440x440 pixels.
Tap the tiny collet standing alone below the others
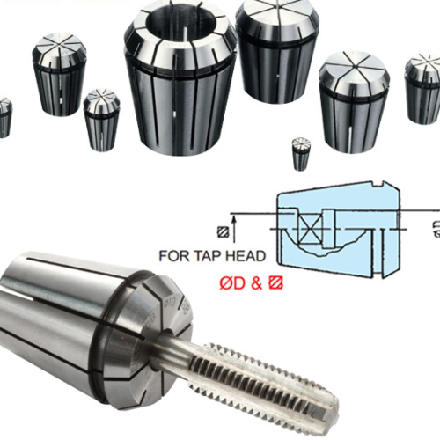(301, 154)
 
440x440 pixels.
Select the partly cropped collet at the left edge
(4, 116)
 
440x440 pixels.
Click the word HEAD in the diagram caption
(259, 258)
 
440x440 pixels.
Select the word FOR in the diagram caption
(180, 258)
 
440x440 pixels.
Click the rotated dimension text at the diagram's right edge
(436, 231)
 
